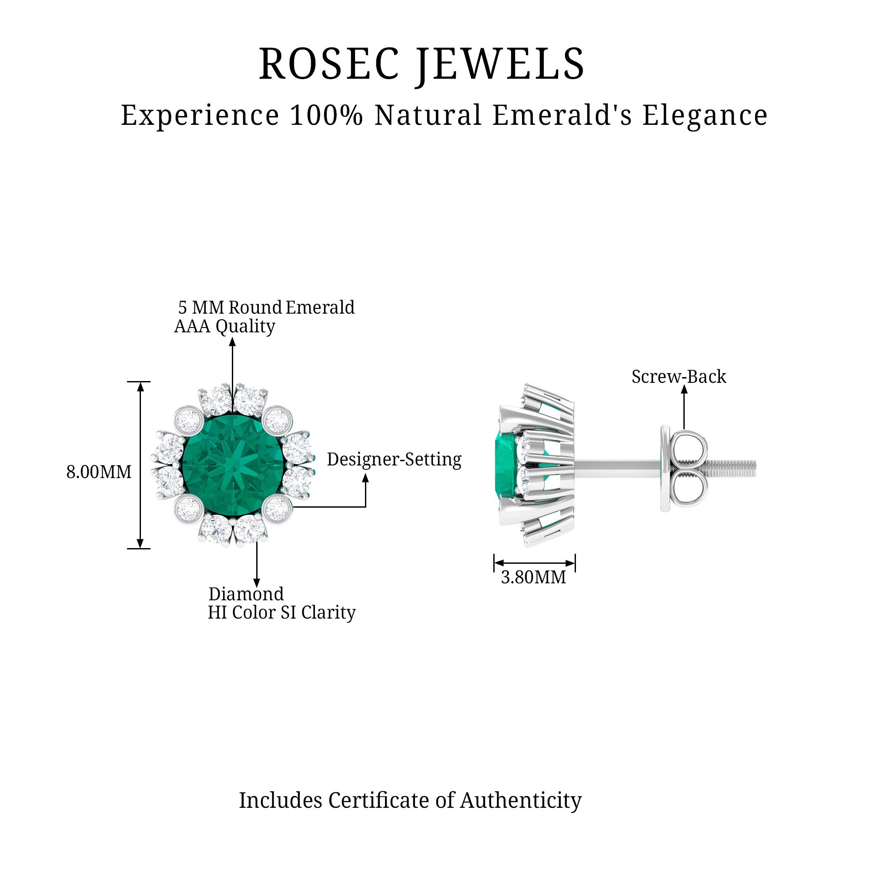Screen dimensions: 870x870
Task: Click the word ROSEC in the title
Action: [x=329, y=64]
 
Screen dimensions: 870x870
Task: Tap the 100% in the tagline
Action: [x=327, y=115]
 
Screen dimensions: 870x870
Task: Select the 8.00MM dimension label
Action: [x=99, y=472]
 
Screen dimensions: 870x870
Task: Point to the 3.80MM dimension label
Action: [x=534, y=577]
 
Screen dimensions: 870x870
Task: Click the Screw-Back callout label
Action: [x=679, y=377]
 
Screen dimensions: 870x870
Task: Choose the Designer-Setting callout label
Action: [x=394, y=460]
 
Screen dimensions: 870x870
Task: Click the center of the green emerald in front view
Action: [x=234, y=465]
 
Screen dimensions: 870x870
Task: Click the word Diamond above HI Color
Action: [x=246, y=594]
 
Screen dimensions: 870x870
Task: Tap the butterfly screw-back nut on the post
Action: [x=684, y=469]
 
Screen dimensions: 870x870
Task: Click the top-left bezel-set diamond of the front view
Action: [x=189, y=420]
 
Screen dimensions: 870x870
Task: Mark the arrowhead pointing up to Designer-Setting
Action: [x=366, y=478]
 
